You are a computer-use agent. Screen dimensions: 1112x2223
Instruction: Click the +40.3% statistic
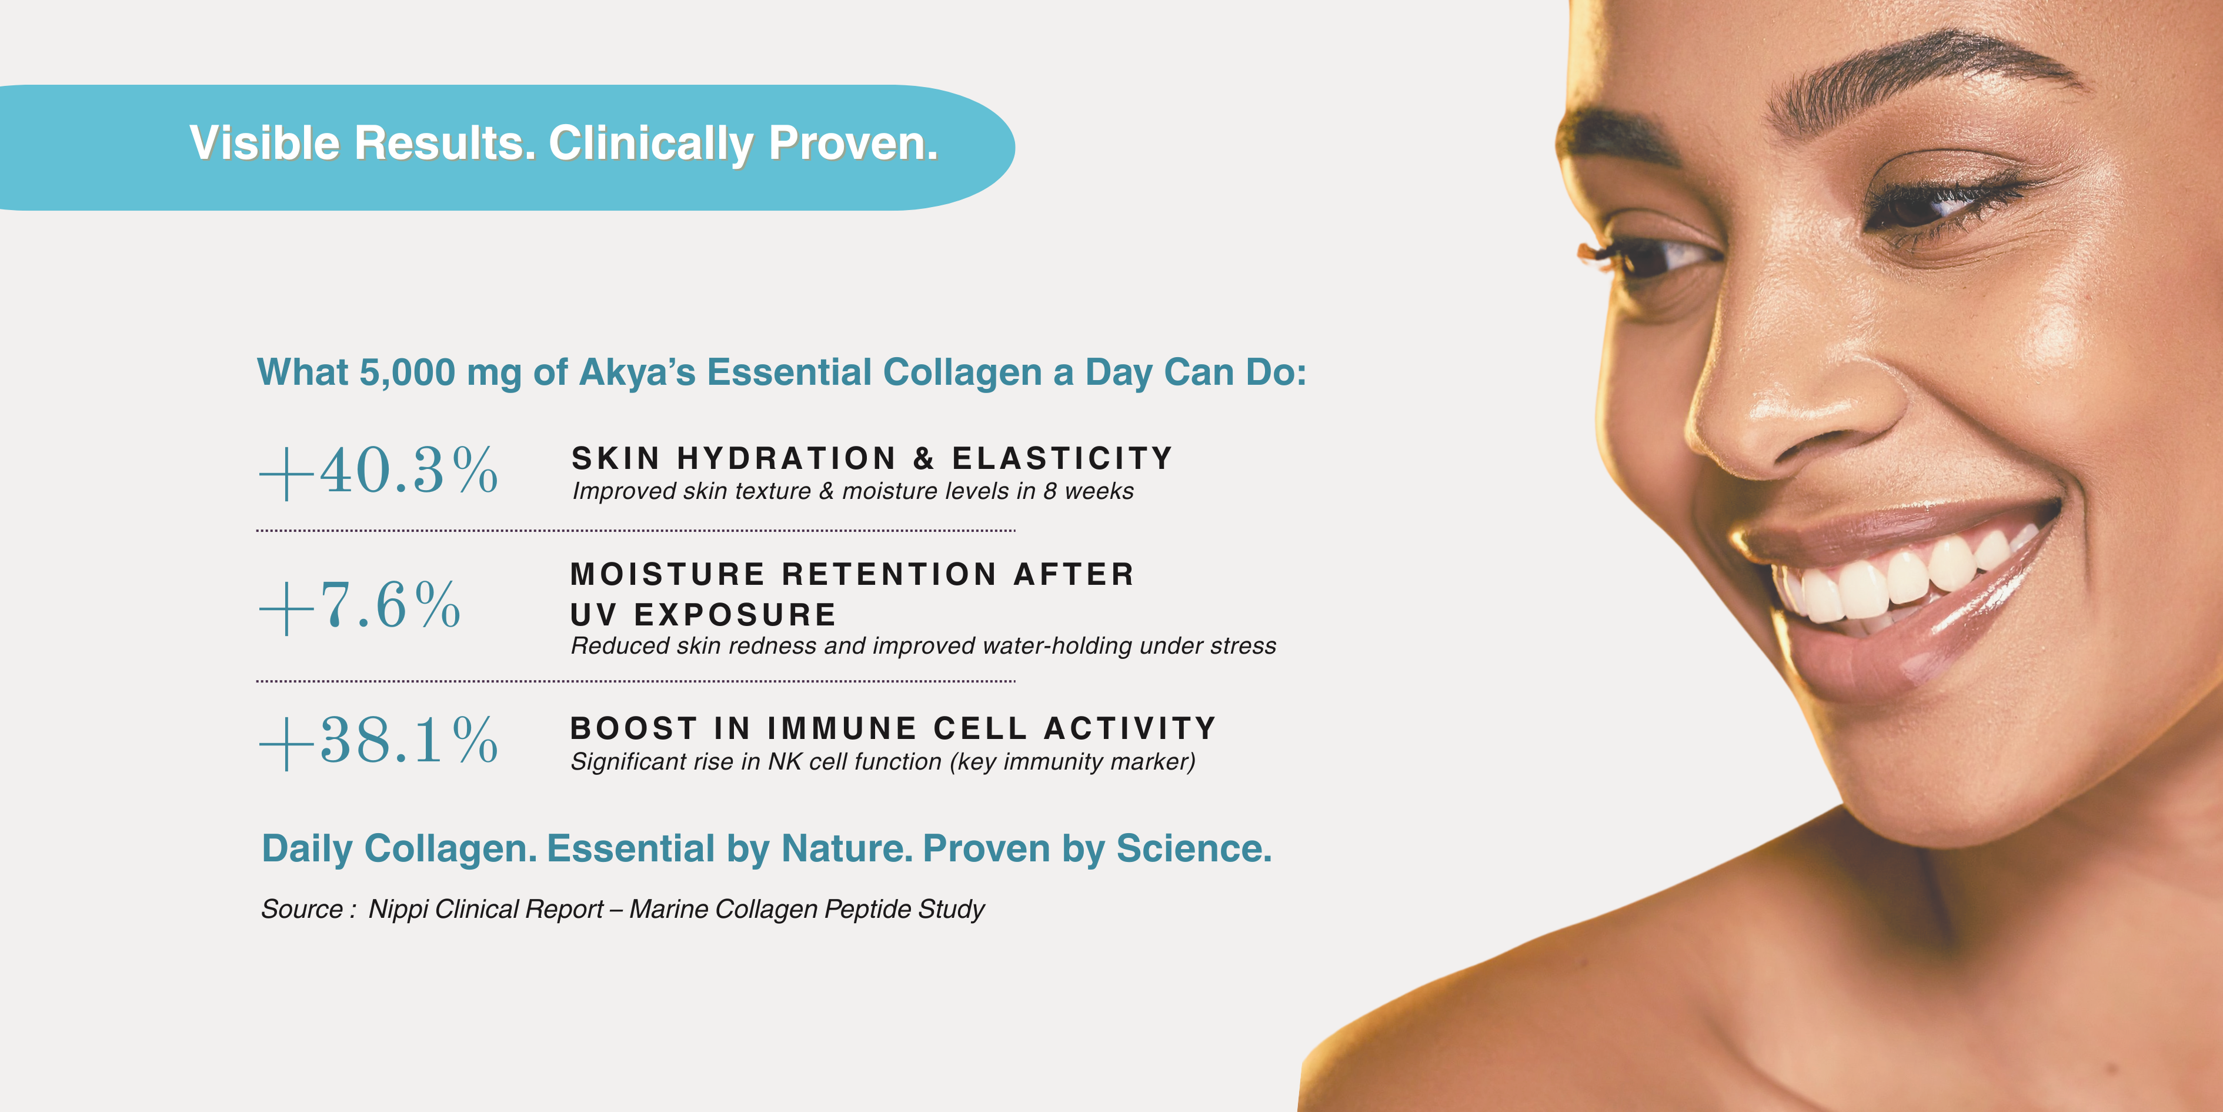pos(379,471)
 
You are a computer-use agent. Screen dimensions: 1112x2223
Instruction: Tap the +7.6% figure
pos(360,605)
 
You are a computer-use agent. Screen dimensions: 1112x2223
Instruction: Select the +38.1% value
pos(379,741)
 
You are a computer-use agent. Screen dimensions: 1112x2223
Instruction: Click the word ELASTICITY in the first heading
pos(1062,458)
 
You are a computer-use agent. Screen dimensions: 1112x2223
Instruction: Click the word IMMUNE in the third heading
pos(842,728)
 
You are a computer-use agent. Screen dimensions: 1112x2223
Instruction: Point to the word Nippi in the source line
pos(398,909)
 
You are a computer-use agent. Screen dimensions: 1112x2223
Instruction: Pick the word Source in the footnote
pos(302,909)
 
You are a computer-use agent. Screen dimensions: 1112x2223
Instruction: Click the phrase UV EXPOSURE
pos(703,615)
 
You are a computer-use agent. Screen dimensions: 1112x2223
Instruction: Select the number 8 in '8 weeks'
pos(1049,491)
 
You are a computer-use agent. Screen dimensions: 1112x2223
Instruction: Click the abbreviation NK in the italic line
pos(785,761)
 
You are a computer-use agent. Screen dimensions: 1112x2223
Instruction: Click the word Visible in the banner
pos(265,144)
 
